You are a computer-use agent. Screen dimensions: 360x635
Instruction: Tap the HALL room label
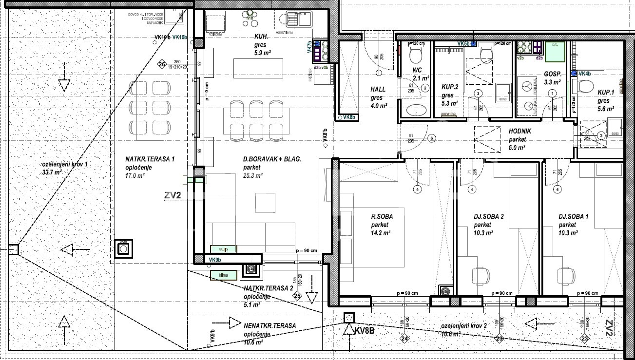(378, 90)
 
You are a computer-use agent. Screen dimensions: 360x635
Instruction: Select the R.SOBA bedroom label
(382, 217)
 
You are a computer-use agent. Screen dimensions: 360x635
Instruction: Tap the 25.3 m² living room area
(253, 175)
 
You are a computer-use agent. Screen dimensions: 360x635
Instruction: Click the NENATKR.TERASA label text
(269, 325)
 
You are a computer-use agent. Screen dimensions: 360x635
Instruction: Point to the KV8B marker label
(365, 331)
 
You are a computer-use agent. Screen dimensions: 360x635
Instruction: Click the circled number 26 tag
(162, 64)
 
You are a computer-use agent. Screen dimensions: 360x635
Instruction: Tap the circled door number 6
(431, 138)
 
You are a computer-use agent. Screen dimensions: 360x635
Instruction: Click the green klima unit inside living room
(224, 249)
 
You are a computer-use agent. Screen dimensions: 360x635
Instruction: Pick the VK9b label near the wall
(215, 260)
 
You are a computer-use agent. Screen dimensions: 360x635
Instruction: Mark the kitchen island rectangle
(258, 68)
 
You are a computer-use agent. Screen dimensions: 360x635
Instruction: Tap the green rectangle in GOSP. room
(555, 52)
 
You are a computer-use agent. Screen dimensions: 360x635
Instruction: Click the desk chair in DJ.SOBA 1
(566, 275)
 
